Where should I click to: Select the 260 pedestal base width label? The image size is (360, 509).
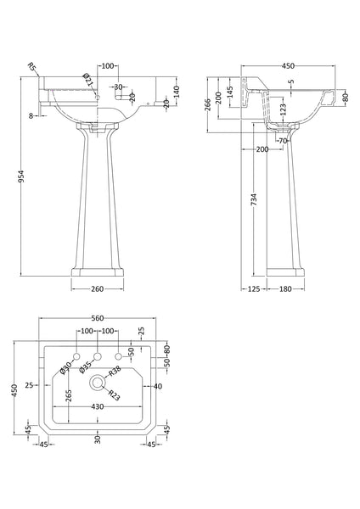(x=97, y=289)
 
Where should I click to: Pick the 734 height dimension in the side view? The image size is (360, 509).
(x=255, y=199)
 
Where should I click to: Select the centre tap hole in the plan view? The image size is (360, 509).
(x=98, y=355)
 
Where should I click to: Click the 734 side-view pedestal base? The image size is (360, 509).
(x=282, y=274)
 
